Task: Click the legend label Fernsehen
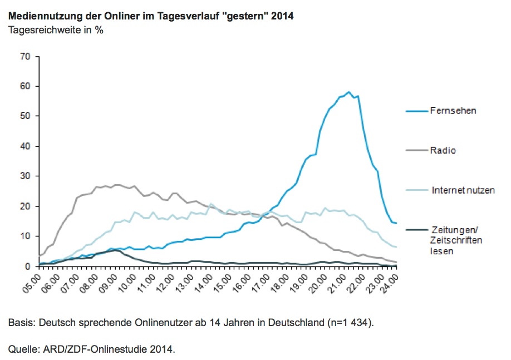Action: [x=453, y=111]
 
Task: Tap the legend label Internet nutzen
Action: [x=463, y=190]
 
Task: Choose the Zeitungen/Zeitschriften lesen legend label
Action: [x=456, y=240]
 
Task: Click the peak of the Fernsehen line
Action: [x=348, y=92]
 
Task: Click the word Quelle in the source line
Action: [x=22, y=349]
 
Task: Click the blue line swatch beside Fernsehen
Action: [x=415, y=111]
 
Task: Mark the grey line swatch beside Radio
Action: [x=415, y=150]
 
